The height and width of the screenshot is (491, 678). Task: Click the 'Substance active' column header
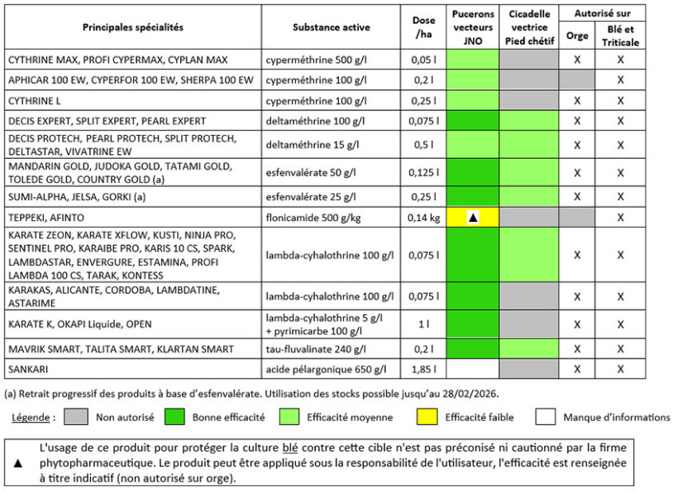[x=331, y=27]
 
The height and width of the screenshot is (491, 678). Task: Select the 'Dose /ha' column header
[x=423, y=27]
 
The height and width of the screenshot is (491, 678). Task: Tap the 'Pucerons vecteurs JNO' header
[x=472, y=27]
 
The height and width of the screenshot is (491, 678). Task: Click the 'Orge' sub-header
[x=577, y=36]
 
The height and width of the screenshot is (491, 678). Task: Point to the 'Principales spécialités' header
[x=133, y=27]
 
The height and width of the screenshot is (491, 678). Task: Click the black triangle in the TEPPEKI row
[x=472, y=217]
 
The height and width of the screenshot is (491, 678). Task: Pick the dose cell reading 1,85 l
[x=423, y=368]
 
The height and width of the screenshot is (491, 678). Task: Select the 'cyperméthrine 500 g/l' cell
[x=318, y=60]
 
